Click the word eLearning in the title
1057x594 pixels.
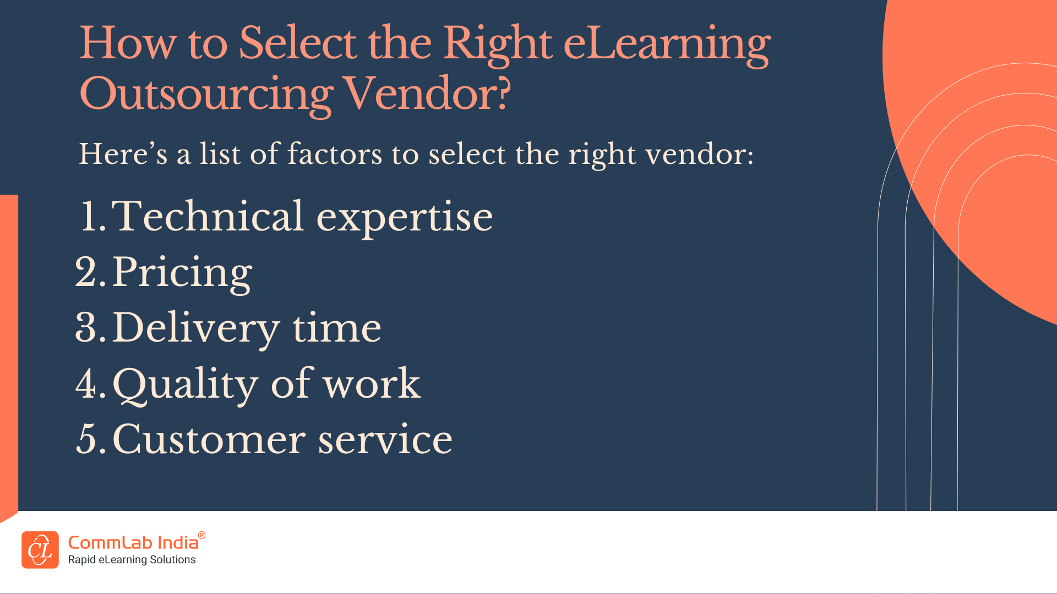pos(667,45)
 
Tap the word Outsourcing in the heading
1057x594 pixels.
pos(206,95)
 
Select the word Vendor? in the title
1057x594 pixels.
pos(427,93)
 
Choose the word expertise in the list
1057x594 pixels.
pos(405,219)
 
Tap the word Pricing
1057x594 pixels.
pos(182,273)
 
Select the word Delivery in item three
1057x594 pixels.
pos(196,329)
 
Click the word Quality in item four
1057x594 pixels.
pos(185,385)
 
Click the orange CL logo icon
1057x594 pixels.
pos(40,549)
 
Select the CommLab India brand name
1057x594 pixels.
pos(133,543)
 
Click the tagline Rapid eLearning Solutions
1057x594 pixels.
pos(132,560)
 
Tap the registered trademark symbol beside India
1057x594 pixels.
pos(202,535)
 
